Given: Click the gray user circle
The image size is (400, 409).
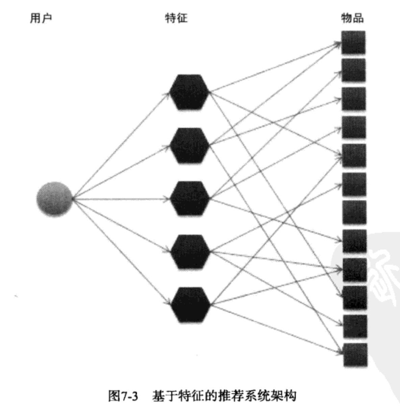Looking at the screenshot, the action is click(x=54, y=199).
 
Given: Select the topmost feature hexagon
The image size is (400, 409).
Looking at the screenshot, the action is click(x=190, y=92).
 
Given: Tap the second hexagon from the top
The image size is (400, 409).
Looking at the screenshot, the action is click(x=190, y=145).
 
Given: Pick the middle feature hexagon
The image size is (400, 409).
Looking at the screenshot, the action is click(x=190, y=198).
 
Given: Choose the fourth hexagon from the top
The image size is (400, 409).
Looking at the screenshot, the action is click(x=190, y=252).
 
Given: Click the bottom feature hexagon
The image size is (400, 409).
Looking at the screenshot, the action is click(x=190, y=305).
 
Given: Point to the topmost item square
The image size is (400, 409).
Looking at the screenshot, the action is click(x=353, y=43).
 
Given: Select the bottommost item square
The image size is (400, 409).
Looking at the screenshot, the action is click(x=355, y=355).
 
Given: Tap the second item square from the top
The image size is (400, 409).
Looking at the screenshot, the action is click(x=353, y=70).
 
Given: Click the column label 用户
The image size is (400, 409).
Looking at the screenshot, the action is click(x=41, y=18).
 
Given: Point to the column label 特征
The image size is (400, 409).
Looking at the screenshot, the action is click(x=176, y=18).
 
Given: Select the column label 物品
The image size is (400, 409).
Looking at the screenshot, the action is click(x=352, y=18).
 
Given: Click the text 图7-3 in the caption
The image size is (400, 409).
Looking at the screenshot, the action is click(x=123, y=395).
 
